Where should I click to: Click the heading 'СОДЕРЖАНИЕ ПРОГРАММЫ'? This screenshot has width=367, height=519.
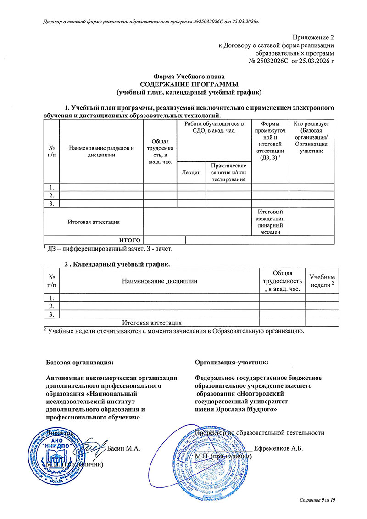pyautogui.click(x=189, y=85)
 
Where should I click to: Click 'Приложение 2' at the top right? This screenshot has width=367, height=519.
pyautogui.click(x=313, y=37)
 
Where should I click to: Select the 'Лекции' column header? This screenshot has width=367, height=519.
pyautogui.click(x=191, y=172)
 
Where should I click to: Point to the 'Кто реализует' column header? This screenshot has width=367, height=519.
pyautogui.click(x=314, y=137)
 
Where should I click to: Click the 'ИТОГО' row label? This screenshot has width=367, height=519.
pyautogui.click(x=129, y=240)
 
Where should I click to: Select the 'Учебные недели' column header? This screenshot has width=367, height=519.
pyautogui.click(x=322, y=281)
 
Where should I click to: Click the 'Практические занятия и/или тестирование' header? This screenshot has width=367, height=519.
pyautogui.click(x=229, y=172)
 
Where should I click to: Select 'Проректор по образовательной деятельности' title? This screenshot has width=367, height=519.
pyautogui.click(x=260, y=432)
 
